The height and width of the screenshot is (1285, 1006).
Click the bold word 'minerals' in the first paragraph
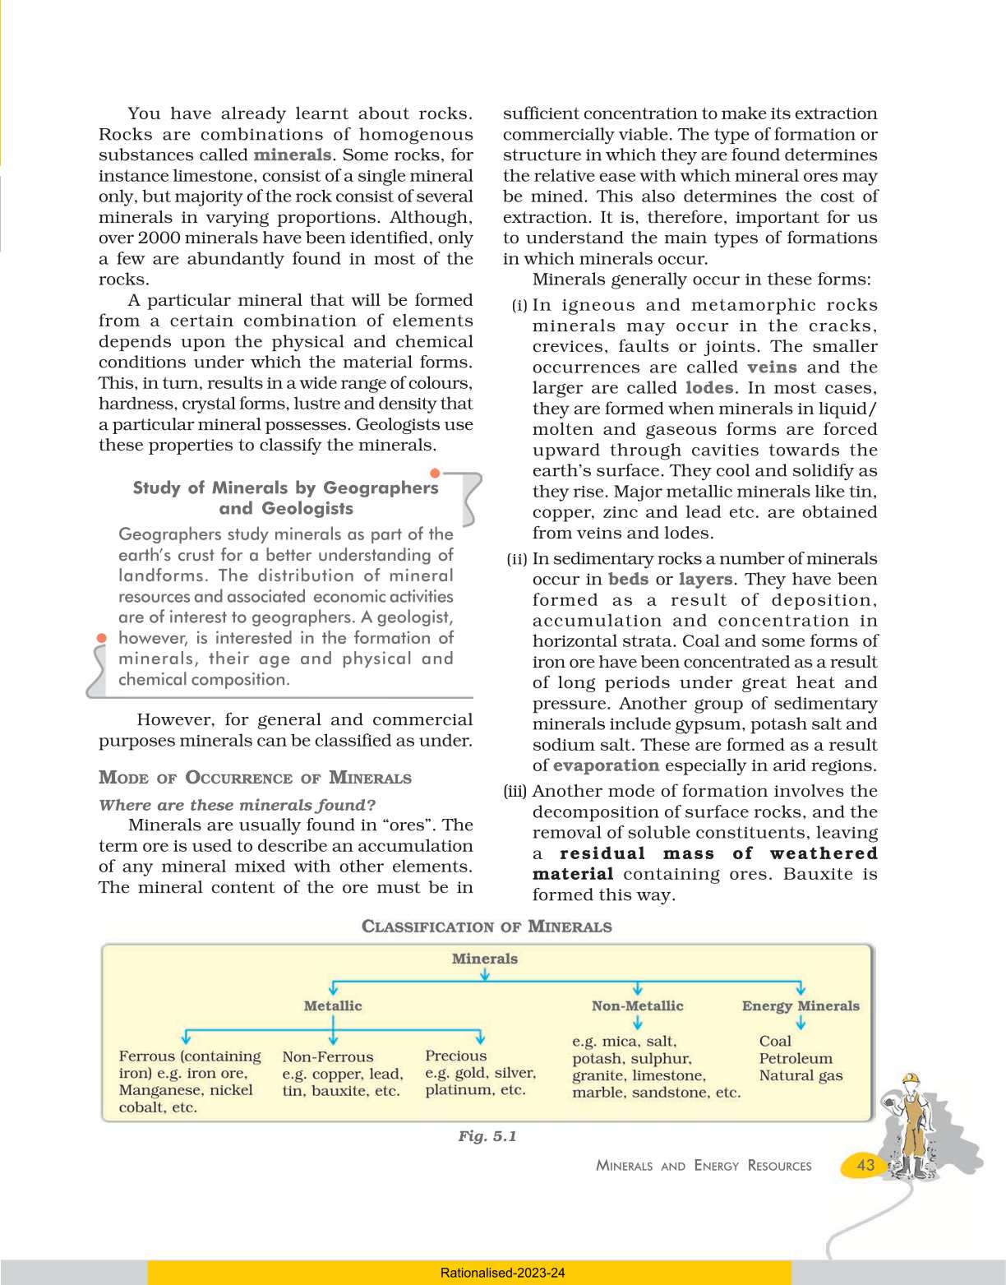[292, 155]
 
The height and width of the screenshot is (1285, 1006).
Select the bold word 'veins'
[772, 367]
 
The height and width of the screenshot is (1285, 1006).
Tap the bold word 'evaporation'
[606, 765]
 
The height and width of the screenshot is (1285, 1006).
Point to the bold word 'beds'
[628, 579]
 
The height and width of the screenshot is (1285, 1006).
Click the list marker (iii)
[515, 792]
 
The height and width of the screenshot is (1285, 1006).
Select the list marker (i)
[519, 306]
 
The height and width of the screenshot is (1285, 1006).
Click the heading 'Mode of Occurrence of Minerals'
[255, 778]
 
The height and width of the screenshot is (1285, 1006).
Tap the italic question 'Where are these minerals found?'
[237, 805]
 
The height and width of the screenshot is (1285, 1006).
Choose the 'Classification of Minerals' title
[487, 927]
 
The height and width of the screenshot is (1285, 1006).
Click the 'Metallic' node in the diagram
[333, 1005]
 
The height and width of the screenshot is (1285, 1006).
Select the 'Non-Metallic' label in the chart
[637, 1005]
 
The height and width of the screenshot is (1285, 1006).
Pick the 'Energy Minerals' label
[801, 1005]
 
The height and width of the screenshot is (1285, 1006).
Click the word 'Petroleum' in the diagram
[796, 1058]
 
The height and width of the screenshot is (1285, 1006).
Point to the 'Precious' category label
[456, 1056]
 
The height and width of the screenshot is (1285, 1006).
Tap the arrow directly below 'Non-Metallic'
[638, 1023]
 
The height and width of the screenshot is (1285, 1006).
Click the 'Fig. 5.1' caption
[487, 1136]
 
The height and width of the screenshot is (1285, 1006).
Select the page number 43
[865, 1165]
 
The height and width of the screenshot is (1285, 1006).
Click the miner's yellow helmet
[910, 1079]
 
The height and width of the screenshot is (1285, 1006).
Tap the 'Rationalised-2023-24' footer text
[502, 1273]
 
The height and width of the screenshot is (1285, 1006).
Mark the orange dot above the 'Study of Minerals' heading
[435, 473]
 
